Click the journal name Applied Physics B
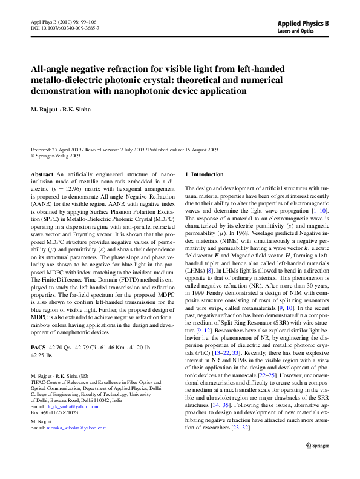point(303,22)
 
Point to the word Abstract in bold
point(42,174)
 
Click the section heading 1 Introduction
point(205,174)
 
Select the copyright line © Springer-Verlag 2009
point(55,156)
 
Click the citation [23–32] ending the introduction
point(241,428)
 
